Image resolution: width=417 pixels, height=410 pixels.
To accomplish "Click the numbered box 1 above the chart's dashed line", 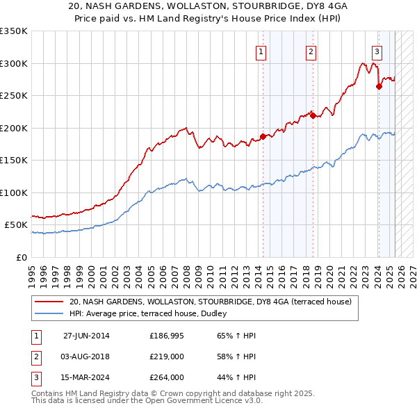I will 261,51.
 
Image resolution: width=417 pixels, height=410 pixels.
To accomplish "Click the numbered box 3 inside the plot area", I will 377,51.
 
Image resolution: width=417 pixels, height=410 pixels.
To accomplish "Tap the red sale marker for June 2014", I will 263,136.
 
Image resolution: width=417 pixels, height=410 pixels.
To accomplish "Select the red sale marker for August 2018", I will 313,115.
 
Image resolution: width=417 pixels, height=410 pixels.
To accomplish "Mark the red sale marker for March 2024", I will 379,86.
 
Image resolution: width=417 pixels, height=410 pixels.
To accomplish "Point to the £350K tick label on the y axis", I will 14,31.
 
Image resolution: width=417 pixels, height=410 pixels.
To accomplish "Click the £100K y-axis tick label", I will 14,192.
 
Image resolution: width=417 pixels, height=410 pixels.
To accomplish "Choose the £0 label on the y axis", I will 22,257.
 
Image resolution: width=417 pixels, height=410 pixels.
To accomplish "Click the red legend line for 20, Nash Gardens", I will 49,302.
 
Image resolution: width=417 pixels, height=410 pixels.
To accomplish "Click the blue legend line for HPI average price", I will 49,313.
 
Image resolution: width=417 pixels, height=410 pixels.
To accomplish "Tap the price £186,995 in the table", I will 167,336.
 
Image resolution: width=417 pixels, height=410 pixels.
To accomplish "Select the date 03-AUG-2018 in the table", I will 86,356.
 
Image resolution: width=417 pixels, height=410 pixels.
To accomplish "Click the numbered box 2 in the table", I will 34,356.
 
